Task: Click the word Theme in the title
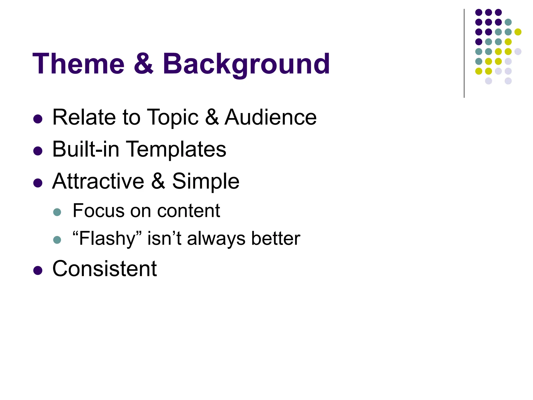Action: [x=78, y=64]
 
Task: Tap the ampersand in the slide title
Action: [x=143, y=64]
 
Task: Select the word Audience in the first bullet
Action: [x=270, y=117]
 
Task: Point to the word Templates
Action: [x=176, y=149]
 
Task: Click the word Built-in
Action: [x=86, y=149]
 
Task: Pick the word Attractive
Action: [x=98, y=181]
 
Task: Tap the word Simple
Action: [x=206, y=182]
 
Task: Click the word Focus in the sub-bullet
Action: [x=98, y=210]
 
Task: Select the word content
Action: [x=188, y=211]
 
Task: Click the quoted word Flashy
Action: [x=107, y=239]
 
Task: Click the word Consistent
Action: [x=104, y=268]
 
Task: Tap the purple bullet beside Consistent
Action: [x=38, y=270]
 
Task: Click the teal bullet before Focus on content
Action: [x=57, y=212]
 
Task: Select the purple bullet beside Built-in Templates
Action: [x=38, y=151]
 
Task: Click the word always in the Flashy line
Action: [x=216, y=239]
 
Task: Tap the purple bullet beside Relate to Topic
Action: [x=38, y=119]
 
